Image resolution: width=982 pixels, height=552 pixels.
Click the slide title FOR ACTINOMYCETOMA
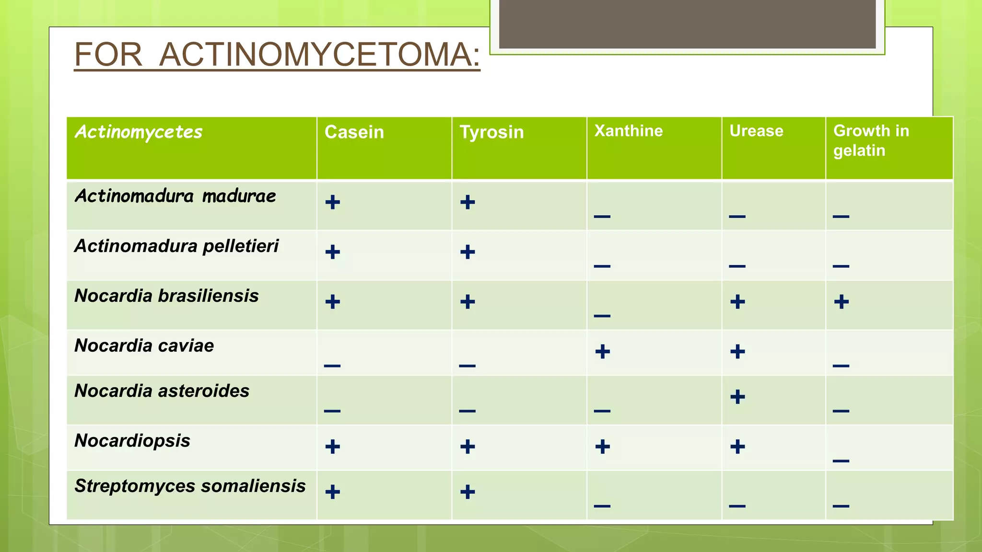[x=277, y=55]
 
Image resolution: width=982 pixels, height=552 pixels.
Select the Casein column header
[x=354, y=132]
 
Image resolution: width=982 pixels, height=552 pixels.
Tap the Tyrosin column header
[x=491, y=132]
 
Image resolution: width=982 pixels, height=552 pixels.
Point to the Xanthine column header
[x=628, y=131]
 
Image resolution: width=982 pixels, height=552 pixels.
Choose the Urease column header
[x=756, y=131]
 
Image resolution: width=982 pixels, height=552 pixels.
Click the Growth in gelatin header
[x=871, y=140]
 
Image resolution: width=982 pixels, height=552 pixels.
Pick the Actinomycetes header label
[x=139, y=132]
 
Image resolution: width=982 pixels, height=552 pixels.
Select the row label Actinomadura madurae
[x=175, y=196]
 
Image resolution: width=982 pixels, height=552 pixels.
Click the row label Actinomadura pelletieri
[x=176, y=246]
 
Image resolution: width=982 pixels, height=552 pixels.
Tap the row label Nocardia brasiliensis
[x=166, y=296]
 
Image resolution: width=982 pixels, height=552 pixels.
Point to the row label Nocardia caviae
[x=144, y=345]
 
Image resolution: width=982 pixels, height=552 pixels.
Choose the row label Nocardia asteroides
[x=162, y=391]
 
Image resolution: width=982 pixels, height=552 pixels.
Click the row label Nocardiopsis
[x=132, y=440]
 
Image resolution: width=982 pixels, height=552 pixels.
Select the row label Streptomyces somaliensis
[x=190, y=486]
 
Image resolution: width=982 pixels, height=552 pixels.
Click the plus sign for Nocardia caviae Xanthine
[x=602, y=352]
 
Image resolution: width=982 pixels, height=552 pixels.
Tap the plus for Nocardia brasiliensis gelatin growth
[x=841, y=302]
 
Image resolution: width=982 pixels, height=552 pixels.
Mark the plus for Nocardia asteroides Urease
[x=737, y=397]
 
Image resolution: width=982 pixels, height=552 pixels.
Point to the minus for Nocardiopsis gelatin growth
[x=841, y=461]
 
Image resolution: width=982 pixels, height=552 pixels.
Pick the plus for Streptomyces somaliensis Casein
[x=332, y=492]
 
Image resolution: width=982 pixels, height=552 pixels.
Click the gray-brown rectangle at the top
[x=687, y=24]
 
